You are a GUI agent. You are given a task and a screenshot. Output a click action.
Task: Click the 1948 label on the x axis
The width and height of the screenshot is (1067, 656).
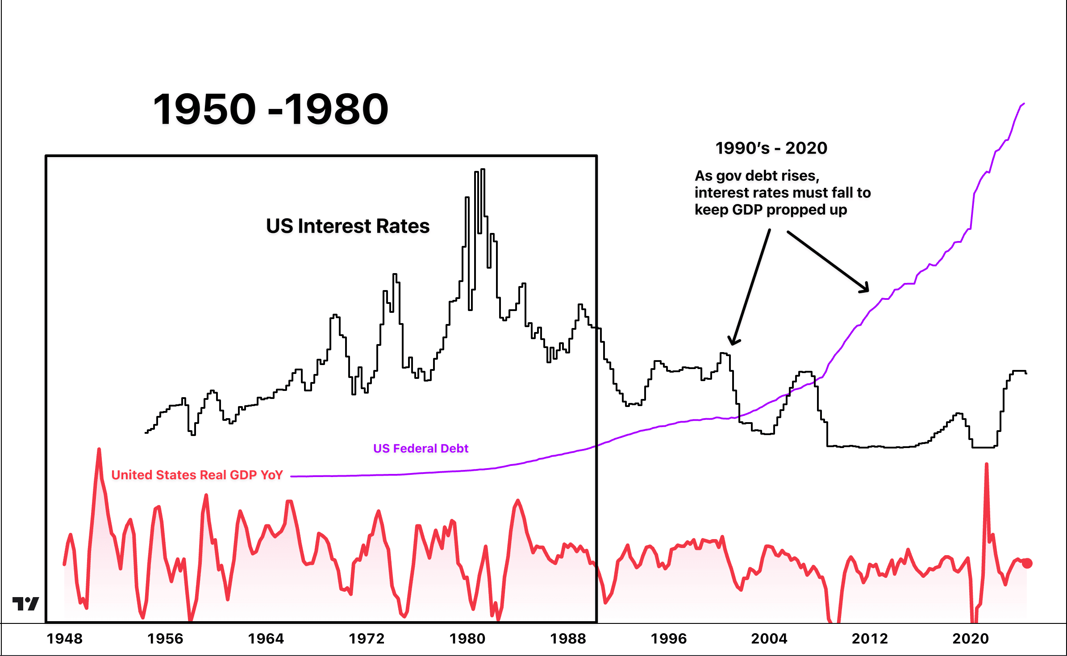click(x=65, y=639)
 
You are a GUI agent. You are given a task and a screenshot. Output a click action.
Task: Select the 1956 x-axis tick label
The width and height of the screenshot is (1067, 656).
click(x=165, y=639)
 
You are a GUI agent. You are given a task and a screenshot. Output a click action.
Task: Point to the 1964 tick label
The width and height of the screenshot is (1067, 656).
click(x=266, y=639)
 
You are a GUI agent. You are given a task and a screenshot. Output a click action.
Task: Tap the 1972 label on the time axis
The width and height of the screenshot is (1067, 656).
click(x=367, y=639)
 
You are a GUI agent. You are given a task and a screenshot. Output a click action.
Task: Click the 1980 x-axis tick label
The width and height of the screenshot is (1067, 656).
click(x=467, y=639)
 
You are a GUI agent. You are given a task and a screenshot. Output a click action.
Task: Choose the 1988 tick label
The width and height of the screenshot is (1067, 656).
click(x=568, y=639)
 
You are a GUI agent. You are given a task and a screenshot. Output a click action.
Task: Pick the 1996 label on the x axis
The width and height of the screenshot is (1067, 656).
click(x=669, y=639)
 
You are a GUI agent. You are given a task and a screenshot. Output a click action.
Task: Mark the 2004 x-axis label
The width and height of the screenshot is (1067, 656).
click(x=769, y=639)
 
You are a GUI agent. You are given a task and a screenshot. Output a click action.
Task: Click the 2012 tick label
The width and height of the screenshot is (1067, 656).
click(x=870, y=639)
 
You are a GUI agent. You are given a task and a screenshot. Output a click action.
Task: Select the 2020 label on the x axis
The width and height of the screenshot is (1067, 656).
click(x=971, y=639)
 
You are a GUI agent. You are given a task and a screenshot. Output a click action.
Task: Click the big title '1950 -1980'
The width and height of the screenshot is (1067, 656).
click(x=271, y=109)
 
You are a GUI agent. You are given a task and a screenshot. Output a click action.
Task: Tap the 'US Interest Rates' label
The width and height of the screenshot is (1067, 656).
click(x=348, y=226)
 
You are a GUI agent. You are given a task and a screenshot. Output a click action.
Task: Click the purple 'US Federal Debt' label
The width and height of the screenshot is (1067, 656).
click(x=421, y=448)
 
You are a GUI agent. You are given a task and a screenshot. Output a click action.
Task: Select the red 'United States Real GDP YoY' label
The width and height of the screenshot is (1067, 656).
click(x=197, y=475)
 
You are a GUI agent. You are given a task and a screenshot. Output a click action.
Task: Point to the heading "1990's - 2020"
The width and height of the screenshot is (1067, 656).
click(x=771, y=148)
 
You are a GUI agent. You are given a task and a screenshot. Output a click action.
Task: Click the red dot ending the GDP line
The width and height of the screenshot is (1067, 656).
click(x=1027, y=563)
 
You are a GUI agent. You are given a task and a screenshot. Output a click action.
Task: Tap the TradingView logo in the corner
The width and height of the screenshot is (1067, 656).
click(x=25, y=604)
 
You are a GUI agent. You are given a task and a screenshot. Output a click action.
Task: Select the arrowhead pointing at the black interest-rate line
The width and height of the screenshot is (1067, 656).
click(x=734, y=341)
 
